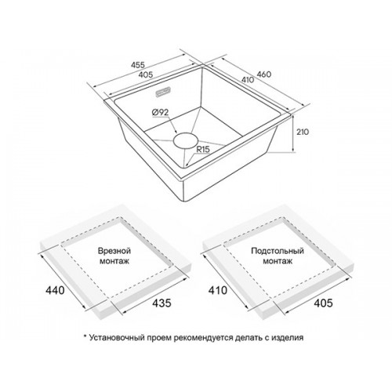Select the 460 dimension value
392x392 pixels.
264,74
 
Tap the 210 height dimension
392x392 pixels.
303,132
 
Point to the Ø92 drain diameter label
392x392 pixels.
160,112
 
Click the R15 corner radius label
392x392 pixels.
203,150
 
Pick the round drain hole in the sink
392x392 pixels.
185,141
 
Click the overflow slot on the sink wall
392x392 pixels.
163,93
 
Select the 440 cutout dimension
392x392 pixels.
55,290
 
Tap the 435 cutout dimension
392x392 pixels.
162,303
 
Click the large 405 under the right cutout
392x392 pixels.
323,303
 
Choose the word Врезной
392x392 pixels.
114,251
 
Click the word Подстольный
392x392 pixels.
278,251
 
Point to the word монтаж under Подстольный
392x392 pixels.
278,261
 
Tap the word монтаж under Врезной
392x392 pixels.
114,261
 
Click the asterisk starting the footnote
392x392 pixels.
85,336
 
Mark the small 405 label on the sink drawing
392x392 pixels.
146,74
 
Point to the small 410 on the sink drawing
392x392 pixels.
248,79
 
